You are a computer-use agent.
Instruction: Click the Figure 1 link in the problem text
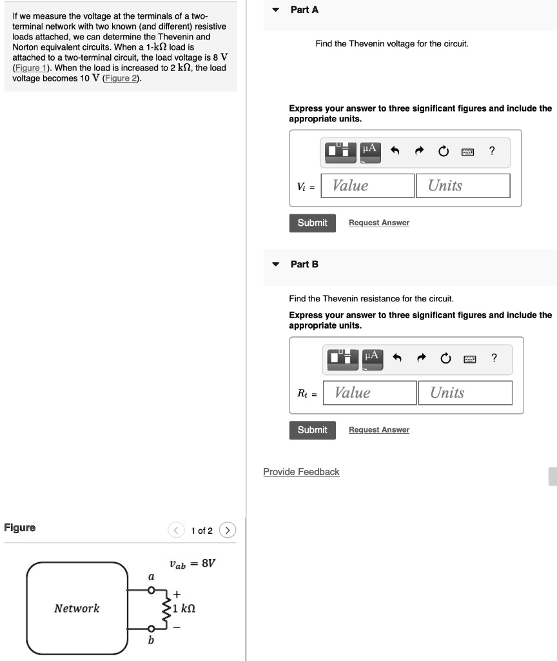tap(33, 68)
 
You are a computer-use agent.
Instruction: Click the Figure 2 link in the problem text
tap(121, 78)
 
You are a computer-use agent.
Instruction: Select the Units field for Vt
tap(463, 185)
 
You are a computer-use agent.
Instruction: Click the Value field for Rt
tap(369, 393)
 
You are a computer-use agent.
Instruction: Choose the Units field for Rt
tap(465, 393)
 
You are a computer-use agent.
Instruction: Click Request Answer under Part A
tap(379, 223)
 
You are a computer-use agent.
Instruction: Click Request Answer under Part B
tap(379, 429)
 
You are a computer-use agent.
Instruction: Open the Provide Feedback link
tap(301, 472)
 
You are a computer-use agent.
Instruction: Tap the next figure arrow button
tap(228, 530)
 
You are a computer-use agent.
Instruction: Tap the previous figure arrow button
tap(176, 530)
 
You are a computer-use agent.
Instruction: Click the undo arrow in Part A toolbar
tap(395, 150)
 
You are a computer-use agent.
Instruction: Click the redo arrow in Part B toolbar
tap(421, 358)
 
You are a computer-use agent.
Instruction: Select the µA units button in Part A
tap(370, 152)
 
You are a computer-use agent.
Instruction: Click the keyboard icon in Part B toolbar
tap(470, 359)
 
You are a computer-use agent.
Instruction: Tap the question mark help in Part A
tap(492, 150)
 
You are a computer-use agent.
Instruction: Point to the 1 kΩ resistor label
tap(184, 608)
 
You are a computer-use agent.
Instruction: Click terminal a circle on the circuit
tap(151, 590)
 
